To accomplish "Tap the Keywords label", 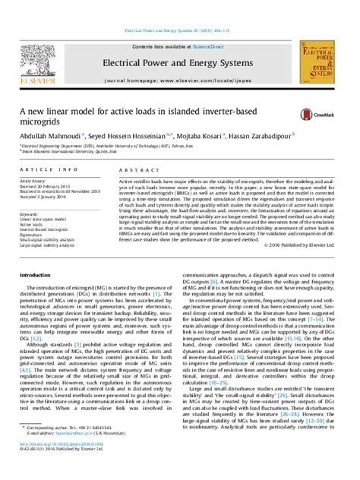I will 31,215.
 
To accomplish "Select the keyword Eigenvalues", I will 36,235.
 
